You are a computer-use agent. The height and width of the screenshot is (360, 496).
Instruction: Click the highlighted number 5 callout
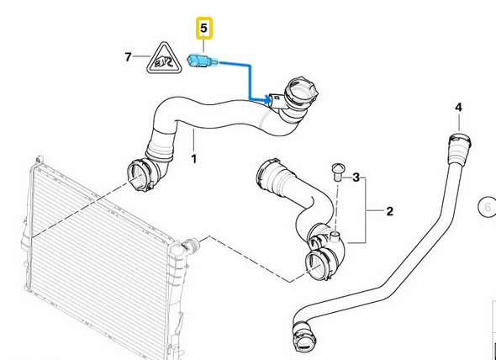pyautogui.click(x=204, y=29)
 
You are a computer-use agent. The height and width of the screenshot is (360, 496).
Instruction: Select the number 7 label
pyautogui.click(x=128, y=57)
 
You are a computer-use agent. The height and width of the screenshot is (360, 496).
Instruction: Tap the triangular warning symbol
pyautogui.click(x=164, y=59)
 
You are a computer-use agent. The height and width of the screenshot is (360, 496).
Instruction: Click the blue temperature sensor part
pyautogui.click(x=203, y=61)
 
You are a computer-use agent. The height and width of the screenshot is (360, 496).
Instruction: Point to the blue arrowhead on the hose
pyautogui.click(x=267, y=100)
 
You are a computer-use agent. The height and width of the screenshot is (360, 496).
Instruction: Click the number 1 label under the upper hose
pyautogui.click(x=194, y=159)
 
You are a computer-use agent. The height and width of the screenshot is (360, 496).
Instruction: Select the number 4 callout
pyautogui.click(x=458, y=108)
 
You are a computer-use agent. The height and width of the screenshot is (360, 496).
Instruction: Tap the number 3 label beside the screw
pyautogui.click(x=356, y=177)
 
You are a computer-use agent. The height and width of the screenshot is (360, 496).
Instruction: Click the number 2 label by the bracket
pyautogui.click(x=390, y=211)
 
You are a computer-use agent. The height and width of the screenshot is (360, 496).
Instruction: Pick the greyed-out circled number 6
pyautogui.click(x=487, y=208)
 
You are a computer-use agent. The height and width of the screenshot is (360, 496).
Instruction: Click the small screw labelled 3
pyautogui.click(x=336, y=172)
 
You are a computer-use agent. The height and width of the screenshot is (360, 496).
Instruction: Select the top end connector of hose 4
pyautogui.click(x=459, y=145)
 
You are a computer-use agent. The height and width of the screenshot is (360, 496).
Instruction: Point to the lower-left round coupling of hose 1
pyautogui.click(x=140, y=177)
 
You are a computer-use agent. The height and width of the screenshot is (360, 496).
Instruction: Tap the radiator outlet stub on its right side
pyautogui.click(x=192, y=245)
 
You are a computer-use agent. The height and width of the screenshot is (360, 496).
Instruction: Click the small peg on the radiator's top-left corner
pyautogui.click(x=40, y=158)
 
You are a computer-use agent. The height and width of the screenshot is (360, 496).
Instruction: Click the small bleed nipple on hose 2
pyautogui.click(x=335, y=236)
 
